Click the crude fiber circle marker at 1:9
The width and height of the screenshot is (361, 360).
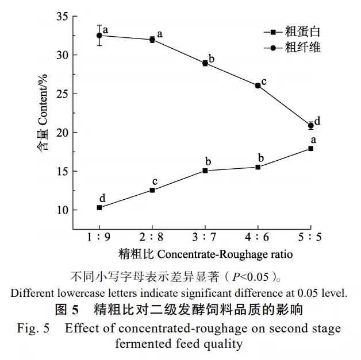tap(99, 36)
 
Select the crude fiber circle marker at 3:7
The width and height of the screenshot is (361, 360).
tap(205, 63)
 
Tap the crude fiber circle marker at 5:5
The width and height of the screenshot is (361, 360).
tap(311, 125)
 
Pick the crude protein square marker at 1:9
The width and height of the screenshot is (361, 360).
tap(99, 207)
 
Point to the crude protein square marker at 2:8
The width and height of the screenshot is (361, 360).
tap(152, 190)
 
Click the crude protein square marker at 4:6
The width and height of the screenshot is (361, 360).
tap(258, 167)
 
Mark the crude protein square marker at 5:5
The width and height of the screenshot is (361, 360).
tap(311, 148)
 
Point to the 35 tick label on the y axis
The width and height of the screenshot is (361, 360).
tap(62, 17)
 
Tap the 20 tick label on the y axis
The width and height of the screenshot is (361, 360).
tap(62, 133)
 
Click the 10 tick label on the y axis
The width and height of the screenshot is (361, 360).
tap(62, 210)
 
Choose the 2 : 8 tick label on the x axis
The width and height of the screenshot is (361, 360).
tap(152, 237)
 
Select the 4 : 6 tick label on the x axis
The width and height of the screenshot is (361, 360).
tap(258, 237)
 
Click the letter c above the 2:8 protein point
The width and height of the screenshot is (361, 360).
tap(154, 182)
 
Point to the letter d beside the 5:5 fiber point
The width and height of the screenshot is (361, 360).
tap(317, 122)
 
